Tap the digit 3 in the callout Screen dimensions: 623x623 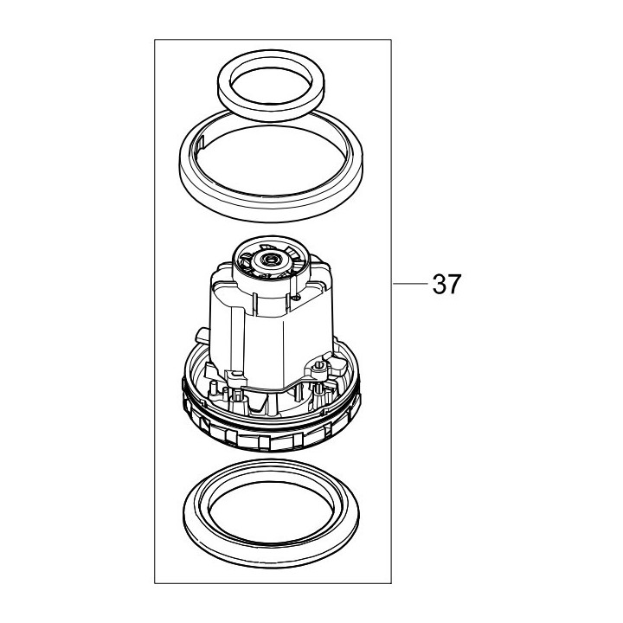pyautogui.click(x=438, y=284)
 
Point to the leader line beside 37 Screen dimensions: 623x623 pyautogui.click(x=410, y=283)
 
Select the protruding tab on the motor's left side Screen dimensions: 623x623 pyautogui.click(x=202, y=333)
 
